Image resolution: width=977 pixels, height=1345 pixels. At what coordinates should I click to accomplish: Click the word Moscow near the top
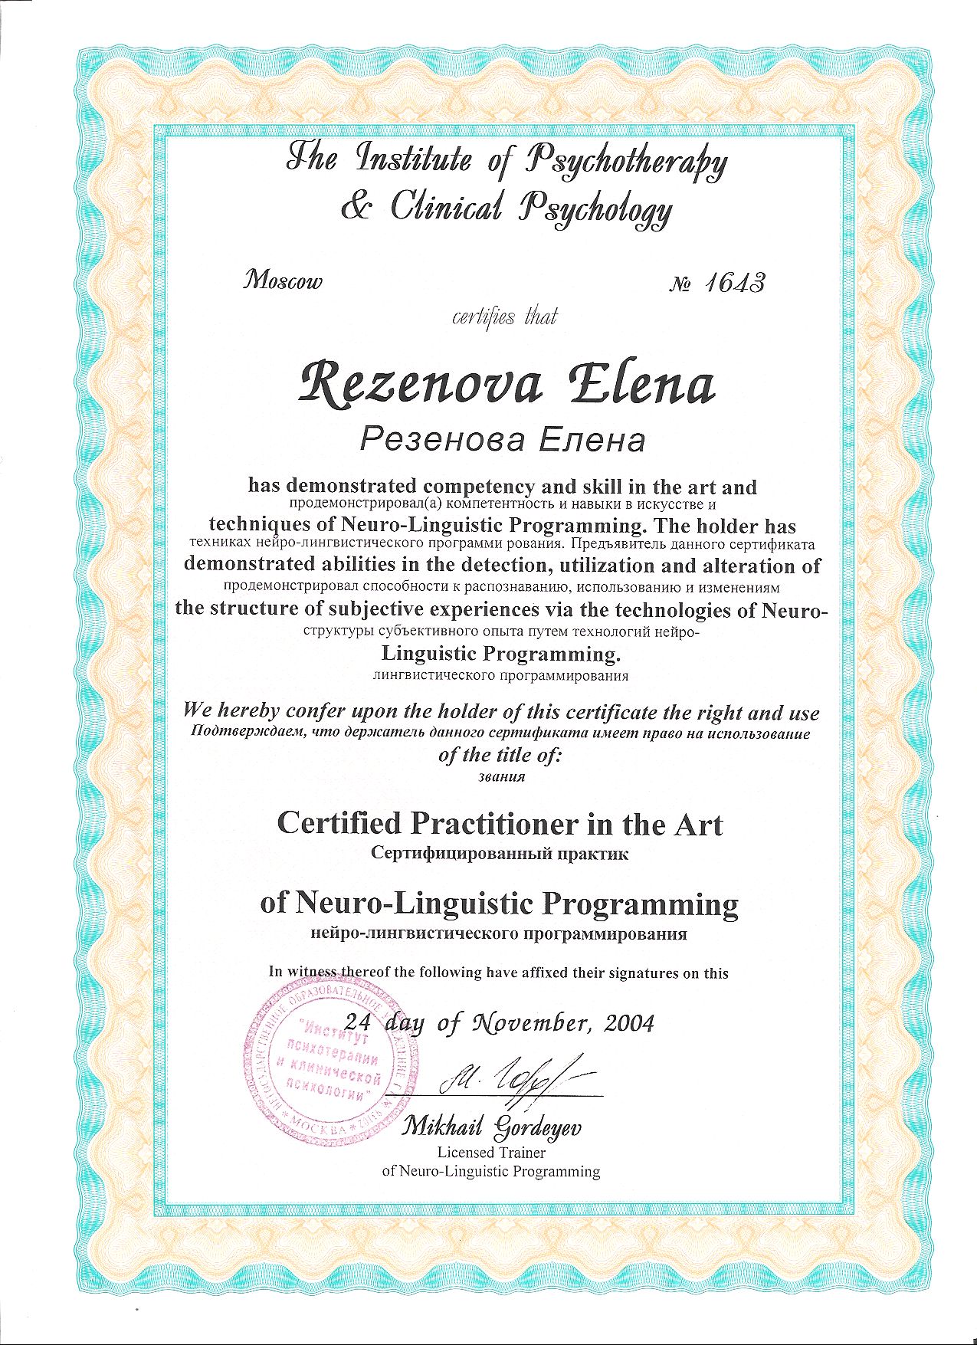point(283,280)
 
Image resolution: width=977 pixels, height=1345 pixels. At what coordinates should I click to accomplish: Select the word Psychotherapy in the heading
point(625,163)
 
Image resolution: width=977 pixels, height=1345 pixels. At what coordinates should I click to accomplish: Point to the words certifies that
point(505,316)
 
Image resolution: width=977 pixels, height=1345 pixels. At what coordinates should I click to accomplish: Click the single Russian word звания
point(500,776)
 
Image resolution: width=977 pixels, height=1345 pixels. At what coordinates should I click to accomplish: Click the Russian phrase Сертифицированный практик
point(499,853)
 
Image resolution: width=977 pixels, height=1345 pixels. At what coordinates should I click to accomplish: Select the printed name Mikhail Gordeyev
point(492,1127)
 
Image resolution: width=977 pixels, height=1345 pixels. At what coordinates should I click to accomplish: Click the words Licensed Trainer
point(491,1152)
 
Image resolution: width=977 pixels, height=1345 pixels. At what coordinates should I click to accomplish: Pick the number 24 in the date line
point(358,1021)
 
